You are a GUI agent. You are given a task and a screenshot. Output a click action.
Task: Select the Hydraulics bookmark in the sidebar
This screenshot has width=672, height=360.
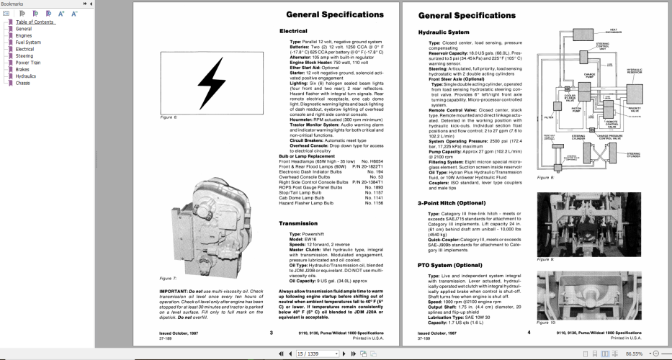click(x=26, y=76)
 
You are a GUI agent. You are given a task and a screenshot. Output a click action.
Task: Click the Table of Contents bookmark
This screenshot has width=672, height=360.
click(x=35, y=22)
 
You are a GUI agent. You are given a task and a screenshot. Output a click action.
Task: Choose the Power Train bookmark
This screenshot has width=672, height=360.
click(x=29, y=63)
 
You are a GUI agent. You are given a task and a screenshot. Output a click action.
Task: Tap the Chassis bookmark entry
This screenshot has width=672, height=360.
click(x=23, y=83)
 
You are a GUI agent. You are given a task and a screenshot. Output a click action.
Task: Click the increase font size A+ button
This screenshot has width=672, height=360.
click(x=61, y=13)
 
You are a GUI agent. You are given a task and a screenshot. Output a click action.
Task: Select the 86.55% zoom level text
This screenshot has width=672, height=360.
click(x=634, y=354)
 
